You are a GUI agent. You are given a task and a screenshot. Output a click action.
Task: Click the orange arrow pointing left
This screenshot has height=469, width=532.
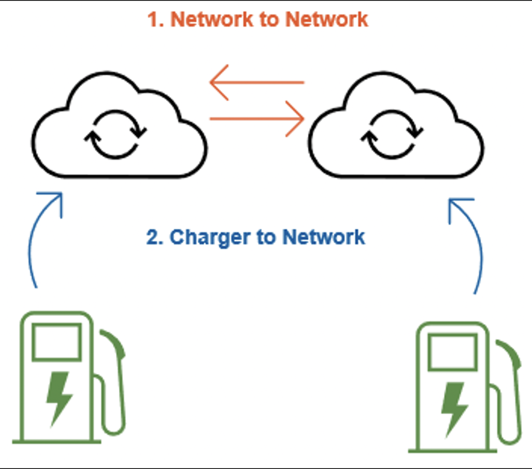click(x=256, y=82)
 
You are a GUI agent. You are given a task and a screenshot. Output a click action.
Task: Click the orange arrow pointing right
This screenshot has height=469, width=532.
click(x=257, y=119)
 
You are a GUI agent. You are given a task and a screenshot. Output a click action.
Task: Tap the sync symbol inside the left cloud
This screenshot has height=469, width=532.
click(x=115, y=134)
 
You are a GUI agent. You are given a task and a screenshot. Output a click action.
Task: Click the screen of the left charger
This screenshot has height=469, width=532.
click(x=57, y=342)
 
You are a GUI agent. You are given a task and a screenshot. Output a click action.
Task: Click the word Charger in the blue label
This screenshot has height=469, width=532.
click(x=210, y=237)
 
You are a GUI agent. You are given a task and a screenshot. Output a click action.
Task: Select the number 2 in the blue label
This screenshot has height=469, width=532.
click(x=153, y=237)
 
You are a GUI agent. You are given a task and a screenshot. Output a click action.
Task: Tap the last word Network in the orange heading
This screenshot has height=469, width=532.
click(x=327, y=20)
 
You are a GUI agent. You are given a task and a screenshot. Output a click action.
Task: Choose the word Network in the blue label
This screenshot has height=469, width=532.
click(x=324, y=237)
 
